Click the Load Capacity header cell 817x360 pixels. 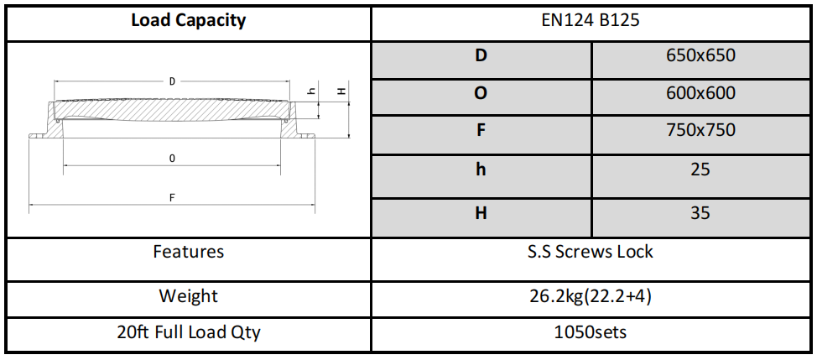point(188,21)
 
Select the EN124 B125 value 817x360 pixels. point(591,21)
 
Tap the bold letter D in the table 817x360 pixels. point(481,56)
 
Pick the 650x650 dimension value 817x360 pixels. point(700,56)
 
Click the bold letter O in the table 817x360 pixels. point(481,93)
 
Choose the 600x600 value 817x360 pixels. point(700,93)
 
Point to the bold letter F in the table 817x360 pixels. point(481,130)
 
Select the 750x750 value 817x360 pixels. point(700,130)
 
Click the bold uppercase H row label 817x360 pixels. point(481,213)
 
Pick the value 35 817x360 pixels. point(700,213)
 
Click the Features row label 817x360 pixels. point(188,252)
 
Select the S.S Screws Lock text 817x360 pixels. point(591,252)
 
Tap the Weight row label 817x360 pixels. point(188,296)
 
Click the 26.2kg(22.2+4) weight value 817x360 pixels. point(591,296)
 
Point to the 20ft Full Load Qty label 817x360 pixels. point(188,332)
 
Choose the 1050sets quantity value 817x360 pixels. point(591,332)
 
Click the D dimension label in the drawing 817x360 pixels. point(172,82)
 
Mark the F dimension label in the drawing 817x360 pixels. point(172,198)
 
